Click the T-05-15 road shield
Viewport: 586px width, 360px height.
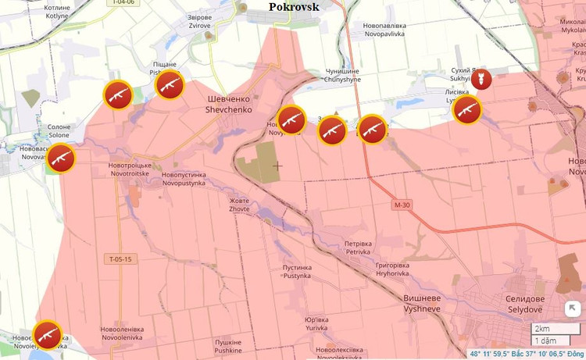120,258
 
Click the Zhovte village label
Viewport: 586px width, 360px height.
239,205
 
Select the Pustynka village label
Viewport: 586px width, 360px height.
296,272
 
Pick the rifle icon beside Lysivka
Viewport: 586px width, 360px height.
467,110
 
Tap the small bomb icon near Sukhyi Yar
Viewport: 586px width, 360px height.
483,79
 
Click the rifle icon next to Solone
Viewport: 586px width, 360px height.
60,159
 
